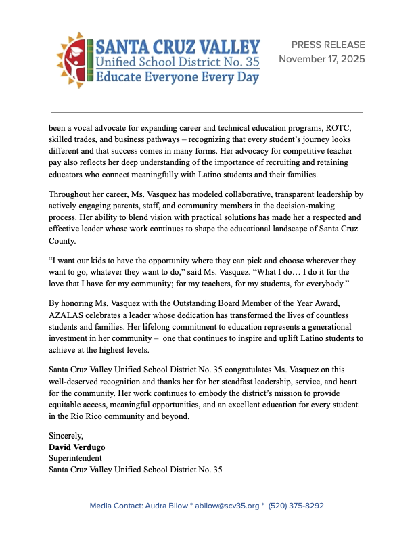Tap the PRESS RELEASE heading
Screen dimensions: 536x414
pos(328,45)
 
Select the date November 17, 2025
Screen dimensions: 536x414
pos(322,59)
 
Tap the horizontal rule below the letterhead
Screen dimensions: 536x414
pos(207,112)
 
